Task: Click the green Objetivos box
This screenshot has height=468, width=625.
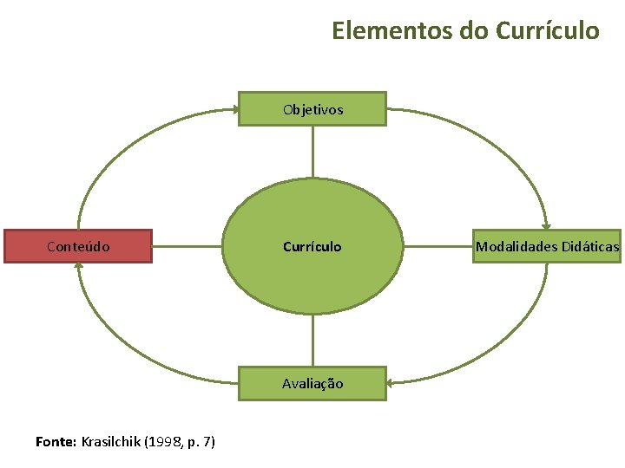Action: tap(312, 109)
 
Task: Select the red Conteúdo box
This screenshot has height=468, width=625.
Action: tap(78, 246)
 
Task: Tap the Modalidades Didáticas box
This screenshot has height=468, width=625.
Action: tap(547, 247)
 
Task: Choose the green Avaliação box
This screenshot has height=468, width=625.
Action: tap(312, 383)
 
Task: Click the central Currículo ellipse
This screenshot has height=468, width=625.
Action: tap(312, 246)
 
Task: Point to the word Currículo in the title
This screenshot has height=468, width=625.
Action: tap(548, 31)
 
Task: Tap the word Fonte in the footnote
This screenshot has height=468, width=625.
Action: tap(55, 442)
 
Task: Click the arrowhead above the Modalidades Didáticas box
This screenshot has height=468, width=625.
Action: tap(546, 224)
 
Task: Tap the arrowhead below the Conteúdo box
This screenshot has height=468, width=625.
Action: tap(78, 268)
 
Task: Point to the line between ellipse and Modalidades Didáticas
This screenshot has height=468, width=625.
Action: tap(438, 247)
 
